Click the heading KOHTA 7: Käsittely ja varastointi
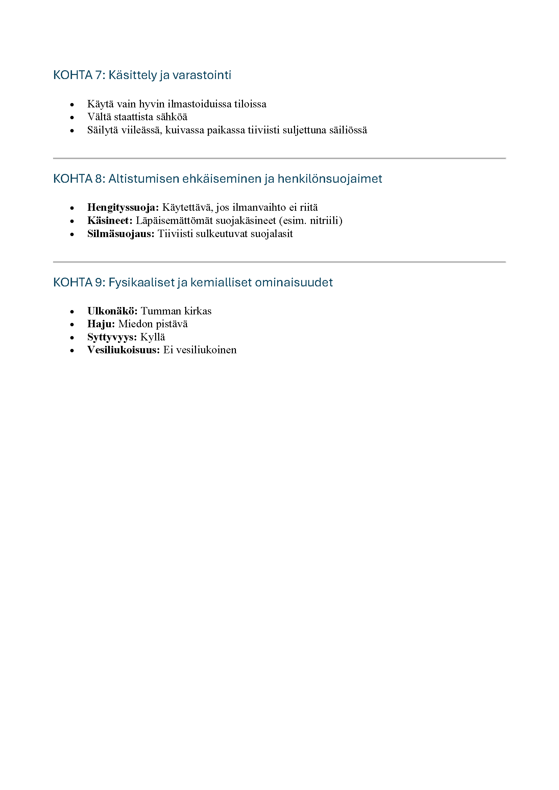[142, 75]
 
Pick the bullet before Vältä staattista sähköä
[72, 118]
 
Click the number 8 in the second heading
[98, 179]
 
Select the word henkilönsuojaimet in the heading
[330, 179]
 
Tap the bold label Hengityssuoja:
[123, 207]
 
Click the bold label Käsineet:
[110, 221]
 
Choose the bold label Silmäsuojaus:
[121, 234]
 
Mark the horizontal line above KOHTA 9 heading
[279, 262]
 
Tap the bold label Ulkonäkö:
[112, 311]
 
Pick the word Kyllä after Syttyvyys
[152, 337]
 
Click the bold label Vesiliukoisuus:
[124, 350]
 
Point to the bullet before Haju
[72, 325]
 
